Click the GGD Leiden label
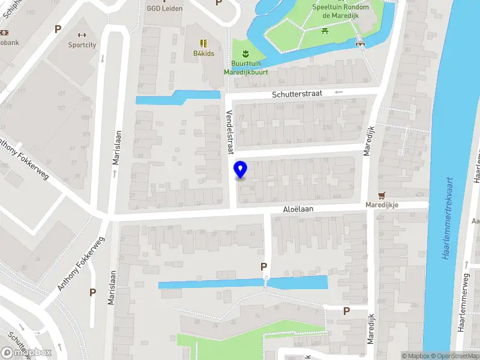coord(164,8)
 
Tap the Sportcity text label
coord(83,44)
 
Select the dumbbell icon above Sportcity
coord(83,34)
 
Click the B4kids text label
coord(204,53)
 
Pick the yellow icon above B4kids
coord(204,43)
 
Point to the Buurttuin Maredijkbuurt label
coord(246,68)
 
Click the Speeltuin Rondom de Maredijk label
coord(340,11)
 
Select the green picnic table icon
coord(325,30)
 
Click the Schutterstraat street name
coord(298,94)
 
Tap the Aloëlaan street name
coord(299,210)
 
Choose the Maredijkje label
coord(383,205)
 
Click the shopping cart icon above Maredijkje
coord(381,195)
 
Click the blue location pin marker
coord(241,169)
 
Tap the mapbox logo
coord(26,352)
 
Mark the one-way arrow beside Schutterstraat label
coord(338,92)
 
